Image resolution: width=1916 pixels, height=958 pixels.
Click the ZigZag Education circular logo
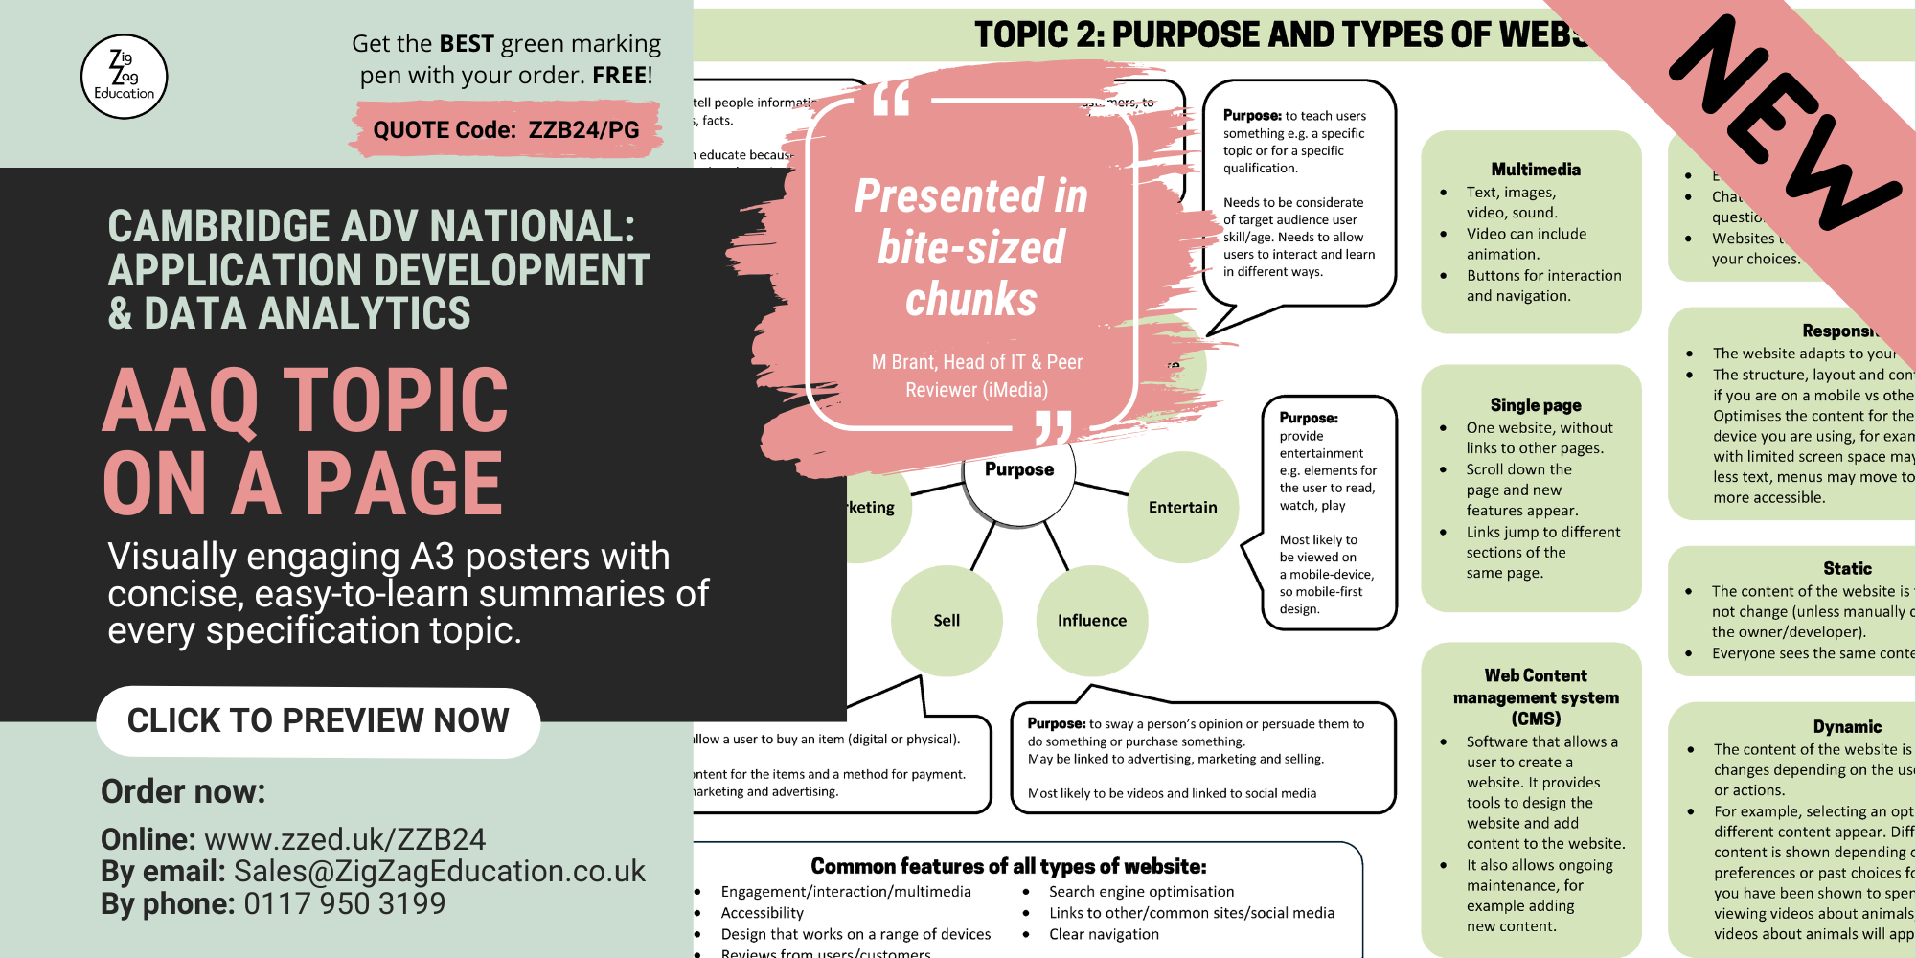point(125,77)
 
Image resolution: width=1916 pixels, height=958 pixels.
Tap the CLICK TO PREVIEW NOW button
point(318,721)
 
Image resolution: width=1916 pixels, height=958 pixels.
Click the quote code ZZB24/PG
point(583,130)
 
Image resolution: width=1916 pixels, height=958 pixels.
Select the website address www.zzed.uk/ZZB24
point(345,839)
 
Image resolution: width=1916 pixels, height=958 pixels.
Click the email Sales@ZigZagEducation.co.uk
point(440,872)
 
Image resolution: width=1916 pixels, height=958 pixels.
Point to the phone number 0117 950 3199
point(345,903)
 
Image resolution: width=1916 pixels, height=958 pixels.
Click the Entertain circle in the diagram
point(1183,507)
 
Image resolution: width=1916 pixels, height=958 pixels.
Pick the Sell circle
point(947,620)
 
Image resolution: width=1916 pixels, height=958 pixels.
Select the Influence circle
point(1092,620)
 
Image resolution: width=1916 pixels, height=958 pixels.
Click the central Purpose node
point(1019,469)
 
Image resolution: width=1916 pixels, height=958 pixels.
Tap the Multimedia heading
point(1536,170)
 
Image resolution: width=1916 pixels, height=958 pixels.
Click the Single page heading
point(1536,405)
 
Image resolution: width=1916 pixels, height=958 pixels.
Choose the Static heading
point(1847,568)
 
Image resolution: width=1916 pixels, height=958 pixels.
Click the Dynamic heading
point(1847,726)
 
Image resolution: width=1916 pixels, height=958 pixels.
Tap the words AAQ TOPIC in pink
point(306,400)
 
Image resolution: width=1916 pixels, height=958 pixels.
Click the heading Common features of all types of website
point(1009,866)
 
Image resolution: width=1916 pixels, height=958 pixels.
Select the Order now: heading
point(183,791)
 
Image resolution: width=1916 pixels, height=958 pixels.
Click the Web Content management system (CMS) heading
point(1536,696)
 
